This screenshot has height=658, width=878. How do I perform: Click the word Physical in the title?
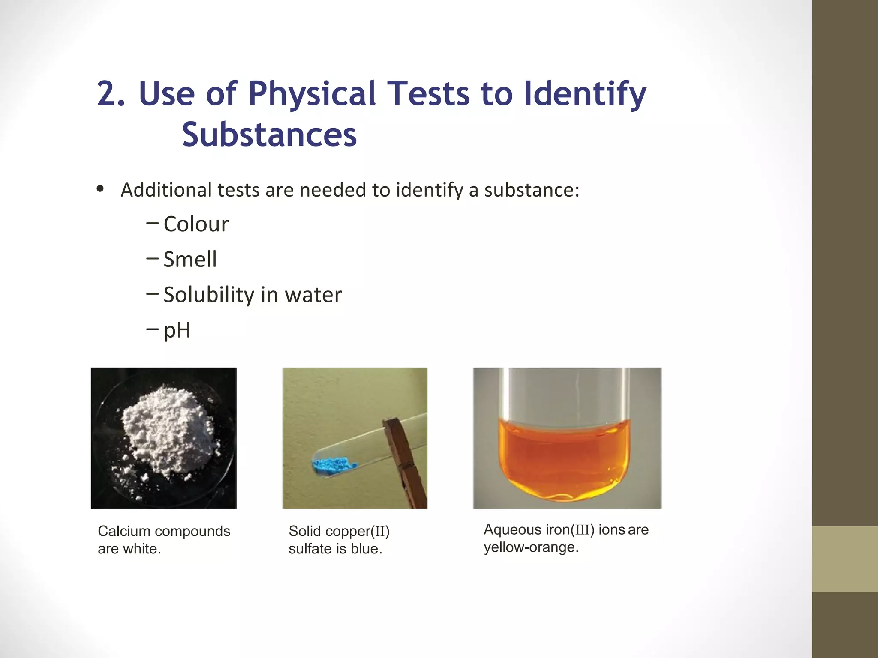312,94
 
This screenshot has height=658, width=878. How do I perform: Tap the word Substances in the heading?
269,135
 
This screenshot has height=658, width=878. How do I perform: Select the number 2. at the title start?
111,94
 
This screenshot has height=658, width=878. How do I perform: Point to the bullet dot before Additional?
100,189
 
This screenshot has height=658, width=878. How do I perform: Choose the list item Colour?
196,224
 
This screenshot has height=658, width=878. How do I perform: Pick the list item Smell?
190,259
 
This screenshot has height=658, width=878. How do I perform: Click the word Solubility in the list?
209,295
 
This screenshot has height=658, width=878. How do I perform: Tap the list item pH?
177,330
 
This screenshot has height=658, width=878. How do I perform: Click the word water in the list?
313,295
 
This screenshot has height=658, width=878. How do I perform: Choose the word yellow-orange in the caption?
531,547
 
